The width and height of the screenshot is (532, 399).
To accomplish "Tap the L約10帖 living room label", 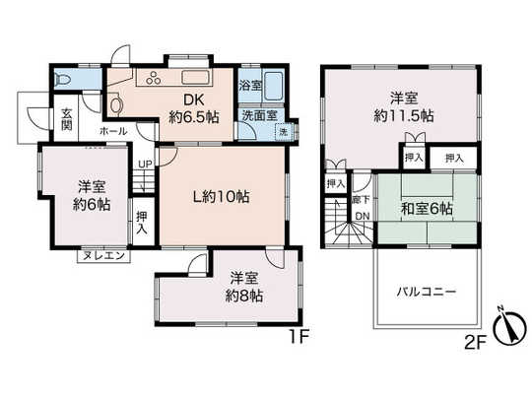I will click(220, 195).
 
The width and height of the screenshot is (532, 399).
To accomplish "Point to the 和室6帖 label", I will click(427, 208).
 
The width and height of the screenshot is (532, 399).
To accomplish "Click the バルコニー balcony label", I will click(426, 293).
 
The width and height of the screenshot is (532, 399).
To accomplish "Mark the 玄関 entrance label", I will click(66, 119).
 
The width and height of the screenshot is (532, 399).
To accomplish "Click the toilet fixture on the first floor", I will click(64, 79).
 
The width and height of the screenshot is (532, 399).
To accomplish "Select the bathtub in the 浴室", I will click(274, 89).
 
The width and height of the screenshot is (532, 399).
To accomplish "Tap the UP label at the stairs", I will click(144, 165).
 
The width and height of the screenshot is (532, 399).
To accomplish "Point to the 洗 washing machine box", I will click(283, 132).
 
